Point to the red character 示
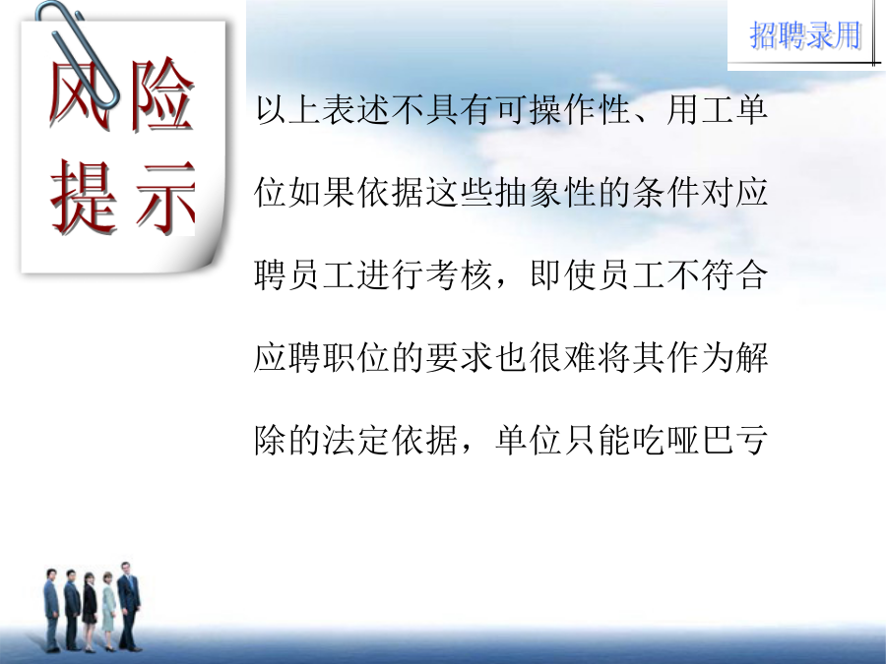165,198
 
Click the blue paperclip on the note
79,54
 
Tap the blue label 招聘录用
805,35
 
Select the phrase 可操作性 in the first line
563,109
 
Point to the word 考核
459,275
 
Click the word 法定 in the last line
356,440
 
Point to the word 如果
322,193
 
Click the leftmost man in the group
52,610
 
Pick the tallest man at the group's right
129,606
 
